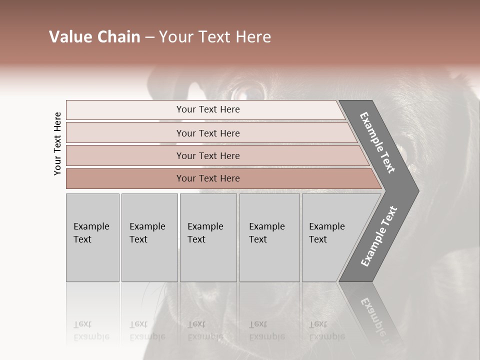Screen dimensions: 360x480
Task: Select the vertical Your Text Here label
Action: (57, 143)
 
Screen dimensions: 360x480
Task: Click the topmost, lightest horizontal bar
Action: (207, 109)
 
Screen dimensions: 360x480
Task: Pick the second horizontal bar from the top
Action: (207, 133)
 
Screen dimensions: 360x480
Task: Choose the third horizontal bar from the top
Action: (207, 155)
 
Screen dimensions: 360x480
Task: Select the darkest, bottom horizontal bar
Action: (207, 178)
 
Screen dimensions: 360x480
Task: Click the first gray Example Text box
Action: (92, 237)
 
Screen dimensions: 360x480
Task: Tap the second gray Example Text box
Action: (149, 237)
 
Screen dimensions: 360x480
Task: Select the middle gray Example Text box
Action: (208, 237)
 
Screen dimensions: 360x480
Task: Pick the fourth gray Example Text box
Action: (269, 237)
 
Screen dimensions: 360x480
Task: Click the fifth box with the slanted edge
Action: (330, 237)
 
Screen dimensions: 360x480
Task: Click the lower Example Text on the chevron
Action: (378, 236)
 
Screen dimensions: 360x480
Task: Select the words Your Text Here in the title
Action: (215, 37)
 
